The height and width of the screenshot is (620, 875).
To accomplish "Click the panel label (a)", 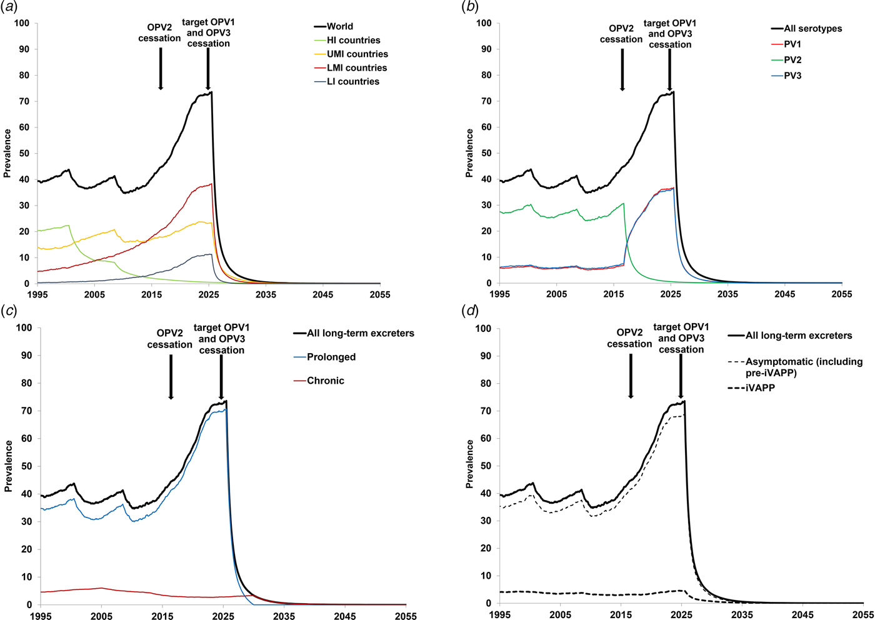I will (x=8, y=7).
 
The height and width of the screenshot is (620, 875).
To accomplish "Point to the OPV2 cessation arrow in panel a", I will (x=161, y=69).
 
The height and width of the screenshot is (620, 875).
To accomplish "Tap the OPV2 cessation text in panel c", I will (x=170, y=339).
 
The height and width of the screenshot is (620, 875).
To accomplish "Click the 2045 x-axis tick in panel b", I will (x=785, y=294).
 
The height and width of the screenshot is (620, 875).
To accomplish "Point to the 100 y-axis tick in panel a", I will (x=22, y=23).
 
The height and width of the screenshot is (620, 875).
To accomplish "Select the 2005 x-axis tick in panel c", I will (x=101, y=616).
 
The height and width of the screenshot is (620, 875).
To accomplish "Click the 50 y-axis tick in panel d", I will (x=486, y=466).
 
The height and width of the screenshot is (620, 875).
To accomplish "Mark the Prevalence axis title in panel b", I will (x=469, y=153).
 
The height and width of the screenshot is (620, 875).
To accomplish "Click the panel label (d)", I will (x=470, y=311).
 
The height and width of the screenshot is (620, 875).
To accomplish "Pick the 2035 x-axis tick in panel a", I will (x=266, y=294).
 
